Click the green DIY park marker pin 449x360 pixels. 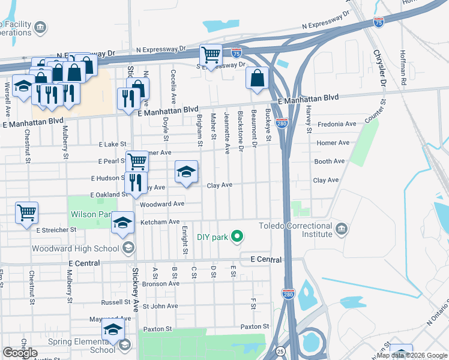237,236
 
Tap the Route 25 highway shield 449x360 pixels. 281,350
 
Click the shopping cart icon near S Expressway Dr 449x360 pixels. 211,56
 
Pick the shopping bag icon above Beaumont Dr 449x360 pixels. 257,79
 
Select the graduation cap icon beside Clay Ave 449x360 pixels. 186,172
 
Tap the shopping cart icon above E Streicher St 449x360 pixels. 26,213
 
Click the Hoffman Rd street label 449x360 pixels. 403,67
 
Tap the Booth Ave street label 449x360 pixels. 330,161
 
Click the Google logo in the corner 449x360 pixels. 20,353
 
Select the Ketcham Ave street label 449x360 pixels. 160,222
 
